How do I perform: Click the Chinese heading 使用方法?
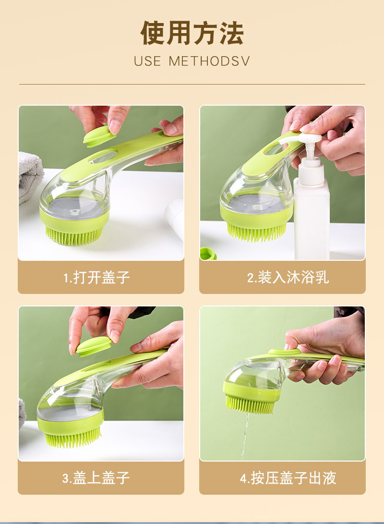192,33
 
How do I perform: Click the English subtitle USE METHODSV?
192,61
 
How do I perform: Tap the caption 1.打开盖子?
96,278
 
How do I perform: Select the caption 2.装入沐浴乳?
288,278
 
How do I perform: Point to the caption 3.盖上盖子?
96,478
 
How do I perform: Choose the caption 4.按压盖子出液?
288,478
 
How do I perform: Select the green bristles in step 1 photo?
74,235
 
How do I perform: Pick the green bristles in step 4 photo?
250,404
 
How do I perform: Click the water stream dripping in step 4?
245,436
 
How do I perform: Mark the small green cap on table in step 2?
208,254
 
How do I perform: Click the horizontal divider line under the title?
192,84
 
